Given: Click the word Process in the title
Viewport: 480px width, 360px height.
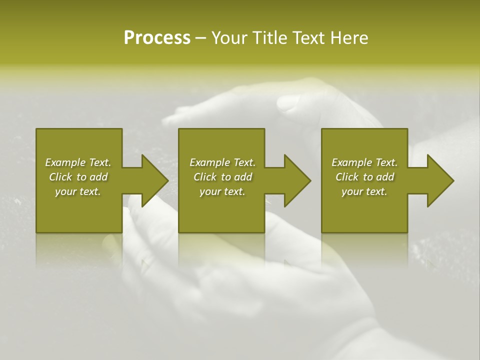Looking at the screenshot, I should point(157,38).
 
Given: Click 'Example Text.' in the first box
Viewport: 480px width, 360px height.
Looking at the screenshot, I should point(78,162).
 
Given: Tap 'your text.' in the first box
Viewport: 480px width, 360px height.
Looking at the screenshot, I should point(78,191).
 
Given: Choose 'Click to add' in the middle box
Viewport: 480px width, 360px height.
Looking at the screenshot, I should point(222,177).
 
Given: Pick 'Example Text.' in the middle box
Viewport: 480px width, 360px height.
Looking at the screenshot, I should point(222,162).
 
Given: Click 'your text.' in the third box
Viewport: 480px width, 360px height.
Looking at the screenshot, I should point(364,191).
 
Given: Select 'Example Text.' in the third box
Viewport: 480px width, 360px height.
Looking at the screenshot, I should point(364,162).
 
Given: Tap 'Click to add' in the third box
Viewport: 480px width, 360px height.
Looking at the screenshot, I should point(364,177).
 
